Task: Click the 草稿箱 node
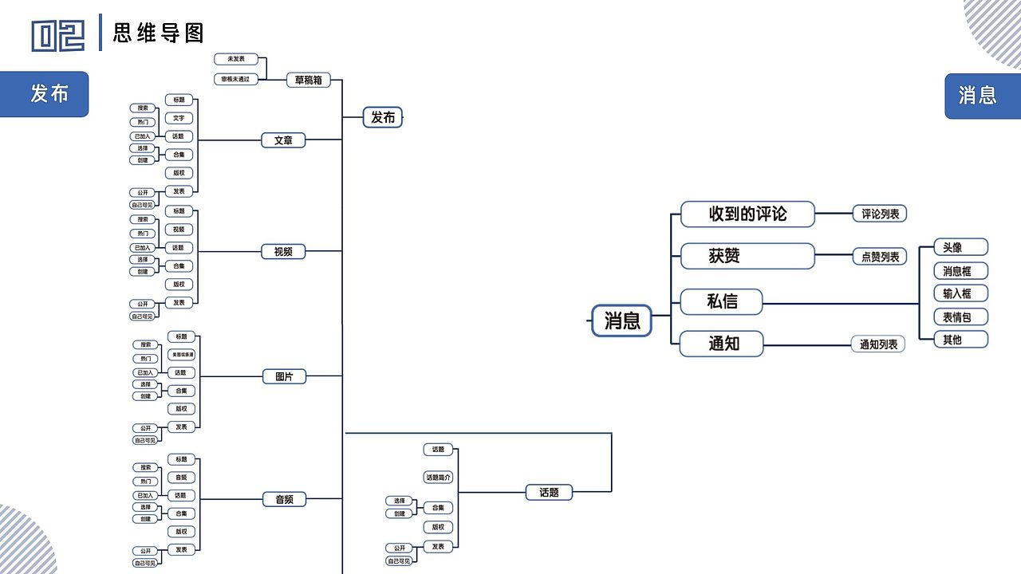point(308,80)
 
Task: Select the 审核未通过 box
point(236,80)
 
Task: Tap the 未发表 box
point(236,59)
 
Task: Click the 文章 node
point(283,140)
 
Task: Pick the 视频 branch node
point(283,252)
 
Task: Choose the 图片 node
point(284,376)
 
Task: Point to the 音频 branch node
point(284,500)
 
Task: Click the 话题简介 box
point(438,478)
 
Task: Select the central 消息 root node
point(621,320)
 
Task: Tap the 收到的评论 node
point(747,214)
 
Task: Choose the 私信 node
point(721,302)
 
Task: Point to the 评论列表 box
point(880,214)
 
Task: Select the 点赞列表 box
point(880,257)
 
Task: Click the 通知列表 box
point(877,344)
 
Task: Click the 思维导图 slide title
point(159,33)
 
